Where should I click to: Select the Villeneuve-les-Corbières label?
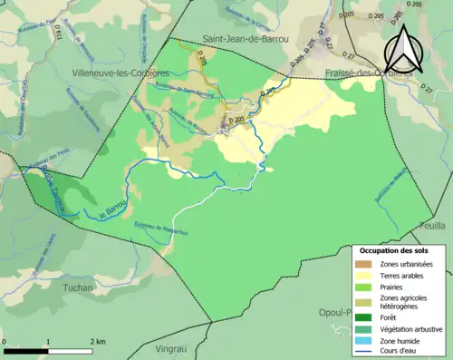[108, 72]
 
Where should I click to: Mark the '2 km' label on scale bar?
[99, 342]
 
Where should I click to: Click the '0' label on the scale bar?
[5, 342]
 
